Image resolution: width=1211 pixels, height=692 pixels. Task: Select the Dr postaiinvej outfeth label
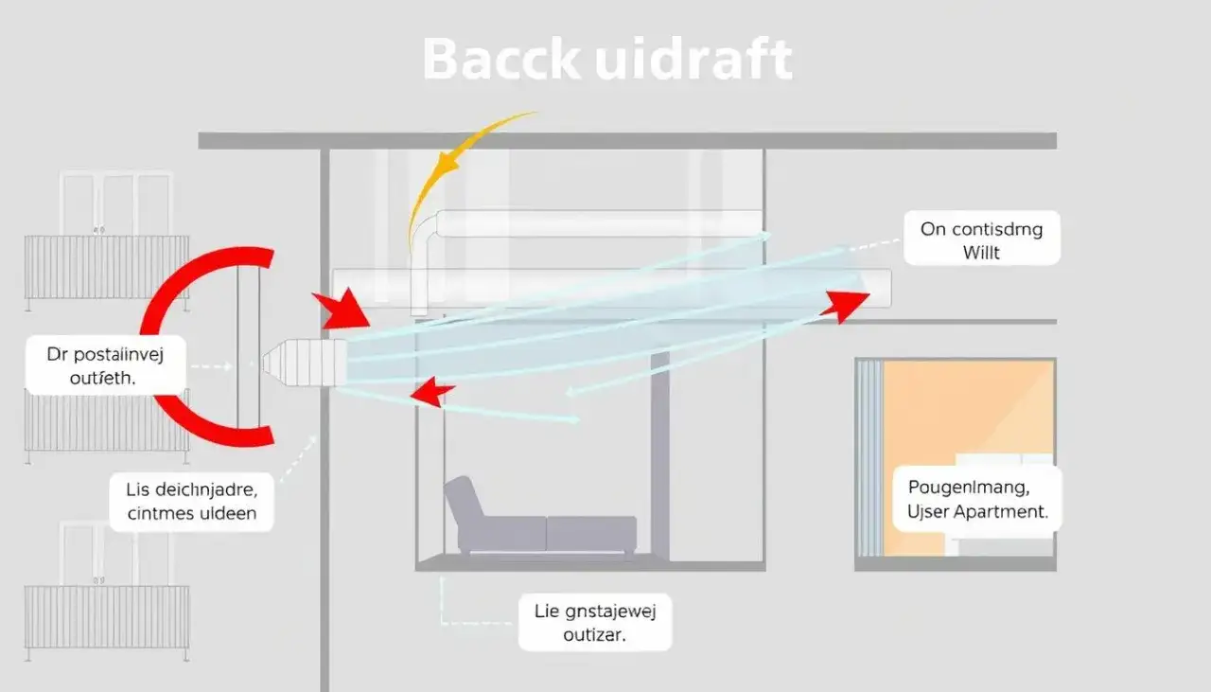[x=104, y=364]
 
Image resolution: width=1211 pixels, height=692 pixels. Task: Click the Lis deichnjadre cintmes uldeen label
[x=198, y=503]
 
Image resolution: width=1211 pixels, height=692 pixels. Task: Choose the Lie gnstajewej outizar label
[x=594, y=622]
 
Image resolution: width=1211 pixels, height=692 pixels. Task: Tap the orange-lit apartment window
[x=965, y=417]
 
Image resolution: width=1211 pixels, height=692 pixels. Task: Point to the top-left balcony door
[x=115, y=203]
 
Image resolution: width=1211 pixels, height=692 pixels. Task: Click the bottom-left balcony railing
[x=106, y=616]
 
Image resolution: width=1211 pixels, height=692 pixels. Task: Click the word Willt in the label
[x=982, y=252]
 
